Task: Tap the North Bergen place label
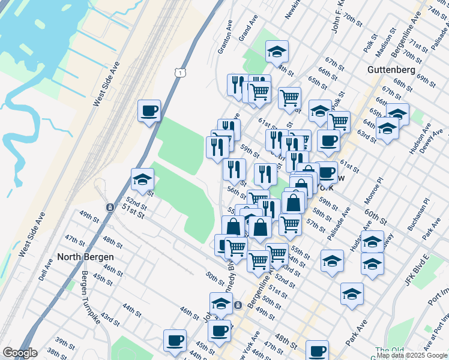tap(85, 257)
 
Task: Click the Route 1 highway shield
tap(179, 72)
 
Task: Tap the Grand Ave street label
tap(244, 30)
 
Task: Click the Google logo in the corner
tap(19, 353)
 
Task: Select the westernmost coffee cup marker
tap(149, 111)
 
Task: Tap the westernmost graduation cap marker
tap(142, 179)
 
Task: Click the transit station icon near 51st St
tap(110, 208)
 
